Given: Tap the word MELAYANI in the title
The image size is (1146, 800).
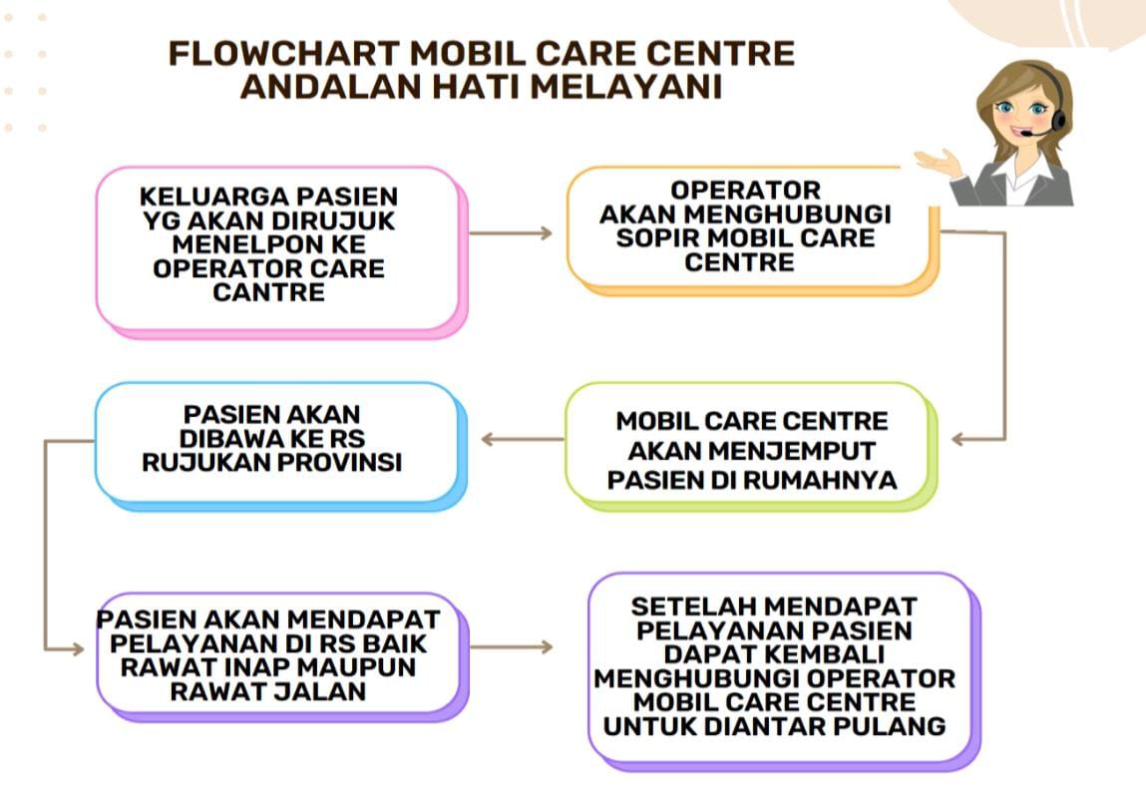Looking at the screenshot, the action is click(x=626, y=87).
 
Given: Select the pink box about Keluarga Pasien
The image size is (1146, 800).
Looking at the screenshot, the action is click(x=281, y=252).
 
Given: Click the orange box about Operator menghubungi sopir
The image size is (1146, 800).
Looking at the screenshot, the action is click(x=753, y=230).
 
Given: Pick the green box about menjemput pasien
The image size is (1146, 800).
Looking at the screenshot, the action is click(x=751, y=446).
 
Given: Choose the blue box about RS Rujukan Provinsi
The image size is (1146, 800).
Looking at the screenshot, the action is click(x=280, y=446).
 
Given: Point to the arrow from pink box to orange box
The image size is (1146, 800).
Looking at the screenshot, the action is click(x=511, y=233).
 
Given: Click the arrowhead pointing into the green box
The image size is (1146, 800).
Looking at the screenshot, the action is click(x=958, y=440).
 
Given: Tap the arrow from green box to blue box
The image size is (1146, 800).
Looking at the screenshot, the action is click(x=523, y=440).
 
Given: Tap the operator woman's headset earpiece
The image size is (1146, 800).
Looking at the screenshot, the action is click(x=1057, y=121).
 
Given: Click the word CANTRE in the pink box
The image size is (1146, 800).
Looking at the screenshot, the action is click(x=269, y=292).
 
